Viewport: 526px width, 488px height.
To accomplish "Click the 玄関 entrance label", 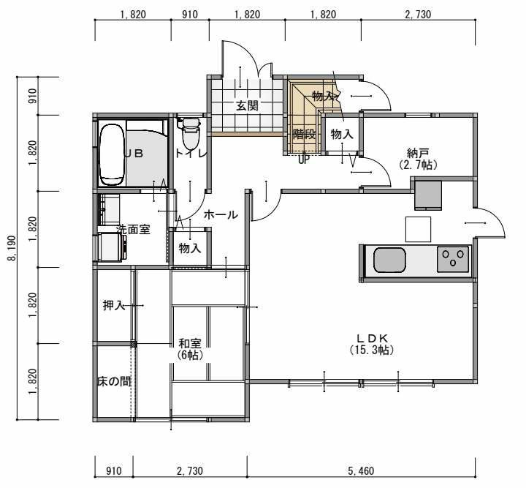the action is click(x=247, y=106).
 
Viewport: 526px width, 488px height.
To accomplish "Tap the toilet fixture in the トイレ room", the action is click(x=191, y=132).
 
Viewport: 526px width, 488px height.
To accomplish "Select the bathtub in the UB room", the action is click(x=113, y=154).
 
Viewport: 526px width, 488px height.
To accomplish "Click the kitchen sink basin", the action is click(x=389, y=260).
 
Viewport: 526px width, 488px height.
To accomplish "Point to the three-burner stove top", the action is click(x=453, y=259).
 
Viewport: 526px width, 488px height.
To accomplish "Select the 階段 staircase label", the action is click(x=304, y=135).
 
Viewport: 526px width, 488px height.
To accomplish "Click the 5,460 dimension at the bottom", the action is click(x=361, y=471).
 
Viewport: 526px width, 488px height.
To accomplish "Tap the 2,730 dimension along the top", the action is click(x=418, y=15).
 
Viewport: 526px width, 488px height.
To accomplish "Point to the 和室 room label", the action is click(x=190, y=344).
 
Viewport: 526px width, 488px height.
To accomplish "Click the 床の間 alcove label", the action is click(x=114, y=381).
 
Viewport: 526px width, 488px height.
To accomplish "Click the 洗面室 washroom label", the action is click(x=133, y=230).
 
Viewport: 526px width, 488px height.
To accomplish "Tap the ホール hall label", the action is click(x=221, y=214).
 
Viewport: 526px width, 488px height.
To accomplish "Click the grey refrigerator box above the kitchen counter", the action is click(x=428, y=195).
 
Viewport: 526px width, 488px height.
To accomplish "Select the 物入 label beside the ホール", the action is click(x=190, y=248).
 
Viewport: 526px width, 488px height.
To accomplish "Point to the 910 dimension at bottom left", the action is click(x=114, y=471).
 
